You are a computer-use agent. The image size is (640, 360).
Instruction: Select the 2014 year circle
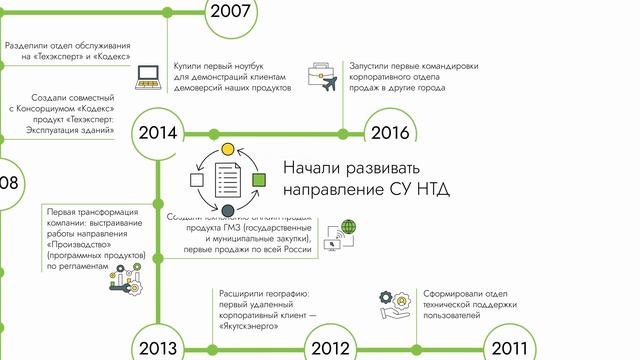pyautogui.click(x=158, y=133)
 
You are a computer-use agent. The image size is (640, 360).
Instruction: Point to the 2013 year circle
pyautogui.click(x=158, y=348)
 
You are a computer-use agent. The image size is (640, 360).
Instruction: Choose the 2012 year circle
pyautogui.click(x=329, y=348)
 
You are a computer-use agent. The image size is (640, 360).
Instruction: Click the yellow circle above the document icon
pyautogui.click(x=227, y=149)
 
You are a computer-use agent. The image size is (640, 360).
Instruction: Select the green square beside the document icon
pyautogui.click(x=259, y=179)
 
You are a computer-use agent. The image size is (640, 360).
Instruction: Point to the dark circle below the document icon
pyautogui.click(x=227, y=210)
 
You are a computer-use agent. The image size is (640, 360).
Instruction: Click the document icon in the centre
pyautogui.click(x=227, y=179)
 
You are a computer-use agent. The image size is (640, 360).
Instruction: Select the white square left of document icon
pyautogui.click(x=196, y=179)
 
